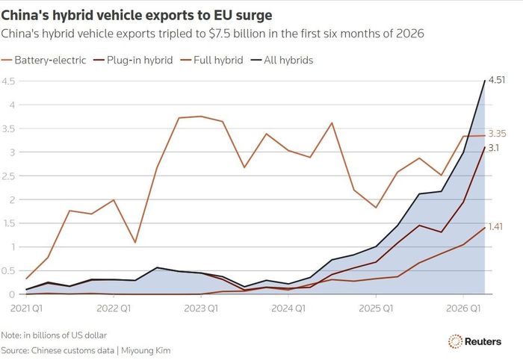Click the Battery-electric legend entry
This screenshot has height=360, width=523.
pos(43,60)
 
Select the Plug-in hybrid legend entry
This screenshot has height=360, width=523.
pos(133,60)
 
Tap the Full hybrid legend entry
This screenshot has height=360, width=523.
pos(211,60)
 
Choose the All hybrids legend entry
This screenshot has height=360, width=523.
pos(282,60)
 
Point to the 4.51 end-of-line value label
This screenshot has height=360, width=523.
pos(497,80)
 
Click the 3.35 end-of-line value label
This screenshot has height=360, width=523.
pos(497,134)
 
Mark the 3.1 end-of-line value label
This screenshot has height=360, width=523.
pos(494,148)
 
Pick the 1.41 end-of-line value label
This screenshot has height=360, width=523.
pos(495,227)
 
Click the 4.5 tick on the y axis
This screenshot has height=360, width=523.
pos(8,81)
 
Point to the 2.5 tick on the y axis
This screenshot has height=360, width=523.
pos(8,176)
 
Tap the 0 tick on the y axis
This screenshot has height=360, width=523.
pos(12,294)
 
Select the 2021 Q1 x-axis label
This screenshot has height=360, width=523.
pos(27,308)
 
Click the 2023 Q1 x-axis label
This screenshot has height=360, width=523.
pos(201,308)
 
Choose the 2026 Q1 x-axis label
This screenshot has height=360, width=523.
pos(463,308)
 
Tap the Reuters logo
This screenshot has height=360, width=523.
pos(474,341)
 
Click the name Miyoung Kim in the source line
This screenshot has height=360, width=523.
pos(146,351)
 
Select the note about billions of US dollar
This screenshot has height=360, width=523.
pos(54,335)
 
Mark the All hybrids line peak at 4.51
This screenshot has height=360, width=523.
pos(485,81)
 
